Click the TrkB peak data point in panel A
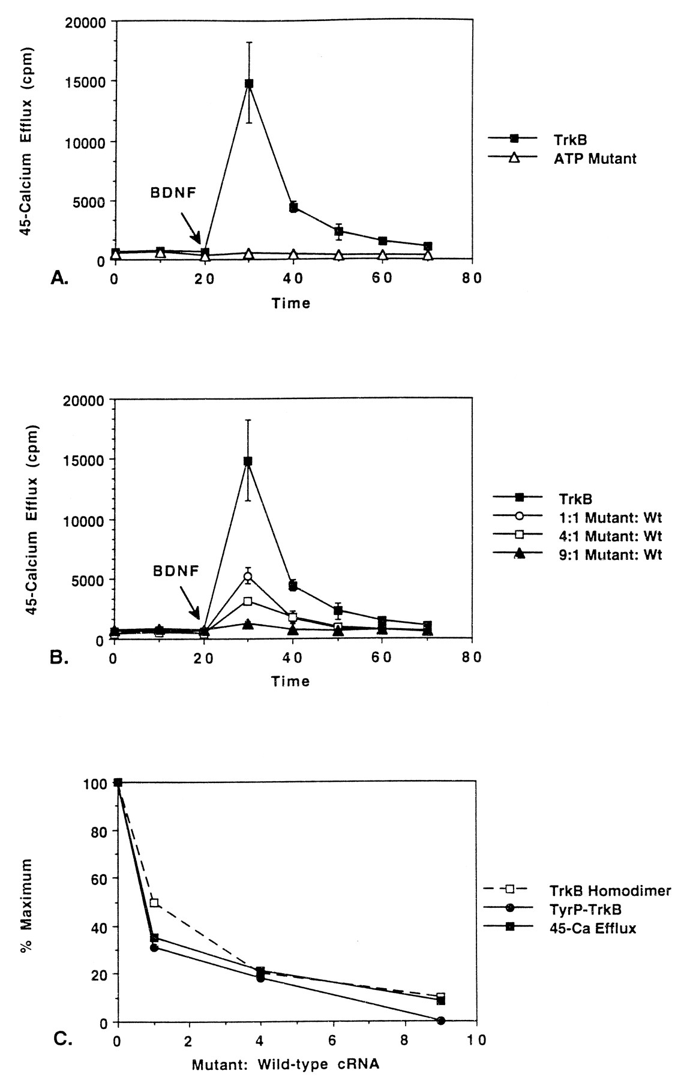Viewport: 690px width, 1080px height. (x=248, y=83)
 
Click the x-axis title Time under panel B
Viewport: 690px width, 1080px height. (x=291, y=681)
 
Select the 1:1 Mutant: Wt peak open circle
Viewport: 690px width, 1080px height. (x=248, y=577)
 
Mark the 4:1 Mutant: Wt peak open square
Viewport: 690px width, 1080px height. (x=248, y=601)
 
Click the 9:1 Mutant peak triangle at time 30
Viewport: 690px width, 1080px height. (x=248, y=624)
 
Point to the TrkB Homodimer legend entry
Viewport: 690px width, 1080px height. (x=610, y=890)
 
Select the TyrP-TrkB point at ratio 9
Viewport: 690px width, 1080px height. (x=441, y=1021)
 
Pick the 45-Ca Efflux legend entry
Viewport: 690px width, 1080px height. (x=593, y=928)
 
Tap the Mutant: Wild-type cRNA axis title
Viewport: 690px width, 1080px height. (x=286, y=1066)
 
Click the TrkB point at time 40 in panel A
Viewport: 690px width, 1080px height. (x=293, y=208)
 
